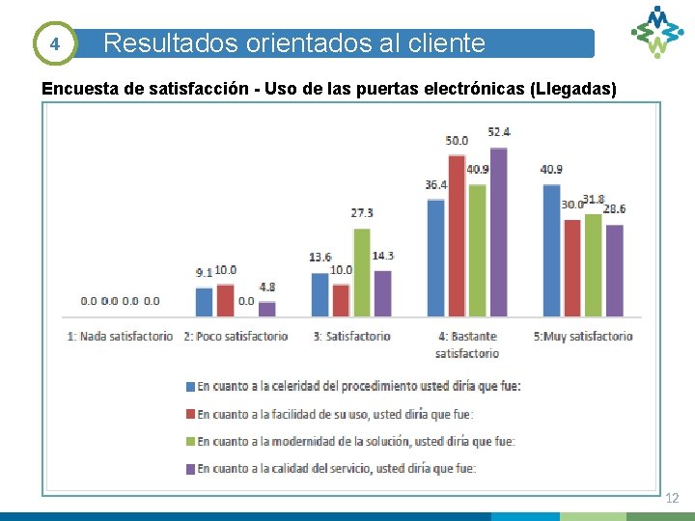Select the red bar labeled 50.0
point(457,235)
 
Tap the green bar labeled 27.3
point(362,272)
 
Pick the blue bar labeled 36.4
point(436,258)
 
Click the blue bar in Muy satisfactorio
point(551,250)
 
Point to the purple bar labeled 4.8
point(267,309)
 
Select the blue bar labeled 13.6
point(320,294)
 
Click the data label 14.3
point(382,256)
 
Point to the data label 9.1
point(204,273)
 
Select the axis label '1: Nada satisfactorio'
point(121,336)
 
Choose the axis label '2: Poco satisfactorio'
point(236,336)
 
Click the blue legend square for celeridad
point(190,386)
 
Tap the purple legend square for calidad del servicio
point(190,469)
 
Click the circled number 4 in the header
point(55,43)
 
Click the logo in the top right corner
point(657,31)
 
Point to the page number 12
point(672,498)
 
